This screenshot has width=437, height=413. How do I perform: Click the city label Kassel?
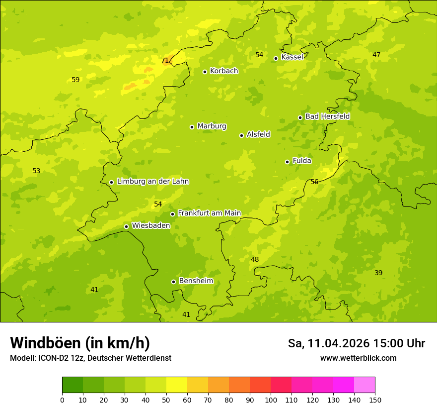(292, 57)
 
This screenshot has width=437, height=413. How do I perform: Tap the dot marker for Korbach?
(205, 72)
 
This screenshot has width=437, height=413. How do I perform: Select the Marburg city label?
(212, 126)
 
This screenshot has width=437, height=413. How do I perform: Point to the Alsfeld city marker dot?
(241, 135)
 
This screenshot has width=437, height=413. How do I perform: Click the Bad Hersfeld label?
(327, 116)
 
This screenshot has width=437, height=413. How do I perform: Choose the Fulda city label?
(302, 161)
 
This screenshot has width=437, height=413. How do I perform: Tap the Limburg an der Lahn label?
(152, 182)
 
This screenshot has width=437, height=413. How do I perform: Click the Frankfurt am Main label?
(209, 213)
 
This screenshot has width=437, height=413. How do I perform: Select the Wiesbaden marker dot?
(126, 226)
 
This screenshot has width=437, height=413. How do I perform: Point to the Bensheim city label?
(196, 281)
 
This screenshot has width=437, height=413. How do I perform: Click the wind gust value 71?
(165, 61)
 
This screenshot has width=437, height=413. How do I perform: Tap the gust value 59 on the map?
(75, 80)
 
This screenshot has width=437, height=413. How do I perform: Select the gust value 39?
(378, 273)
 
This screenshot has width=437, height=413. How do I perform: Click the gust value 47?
(376, 55)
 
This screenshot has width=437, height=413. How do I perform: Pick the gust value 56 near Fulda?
(314, 182)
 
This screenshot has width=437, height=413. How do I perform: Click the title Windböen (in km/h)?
(80, 343)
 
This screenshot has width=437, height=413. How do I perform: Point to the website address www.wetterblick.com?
(358, 358)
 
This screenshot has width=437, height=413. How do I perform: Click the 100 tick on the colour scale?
(271, 400)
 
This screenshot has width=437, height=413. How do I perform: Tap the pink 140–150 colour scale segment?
(364, 385)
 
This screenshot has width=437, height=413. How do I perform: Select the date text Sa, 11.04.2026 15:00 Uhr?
(356, 343)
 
